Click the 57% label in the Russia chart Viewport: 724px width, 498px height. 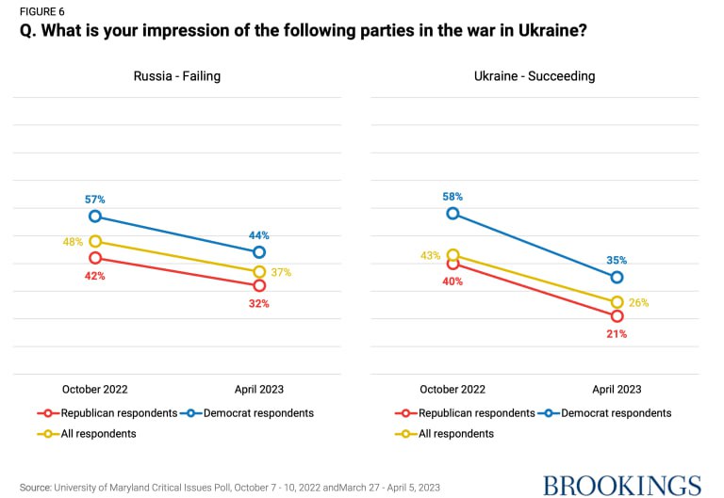coord(95,200)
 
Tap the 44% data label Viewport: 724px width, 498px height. coord(259,235)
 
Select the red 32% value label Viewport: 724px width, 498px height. coord(259,303)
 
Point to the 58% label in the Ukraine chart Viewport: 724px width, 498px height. coord(453,197)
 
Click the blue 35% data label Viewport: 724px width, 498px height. coord(617,261)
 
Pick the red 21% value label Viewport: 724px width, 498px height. coord(617,333)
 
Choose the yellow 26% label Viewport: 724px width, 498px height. coord(639,302)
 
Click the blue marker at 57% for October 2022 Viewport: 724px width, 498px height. coord(95,217)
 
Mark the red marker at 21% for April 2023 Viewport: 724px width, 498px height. coord(617,316)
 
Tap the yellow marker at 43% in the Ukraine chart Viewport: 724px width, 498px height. coord(453,255)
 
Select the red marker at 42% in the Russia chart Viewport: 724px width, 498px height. coord(95,258)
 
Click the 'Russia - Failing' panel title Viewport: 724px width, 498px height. coord(176,76)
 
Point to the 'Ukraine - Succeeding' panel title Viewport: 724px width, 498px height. coord(535,76)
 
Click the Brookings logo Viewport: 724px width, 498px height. coord(622,486)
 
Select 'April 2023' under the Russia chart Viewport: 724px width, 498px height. coord(259,389)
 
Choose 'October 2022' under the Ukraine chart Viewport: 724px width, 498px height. coord(453,389)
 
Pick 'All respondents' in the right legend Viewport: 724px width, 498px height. coord(456,434)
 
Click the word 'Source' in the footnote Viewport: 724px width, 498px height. coord(35,487)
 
